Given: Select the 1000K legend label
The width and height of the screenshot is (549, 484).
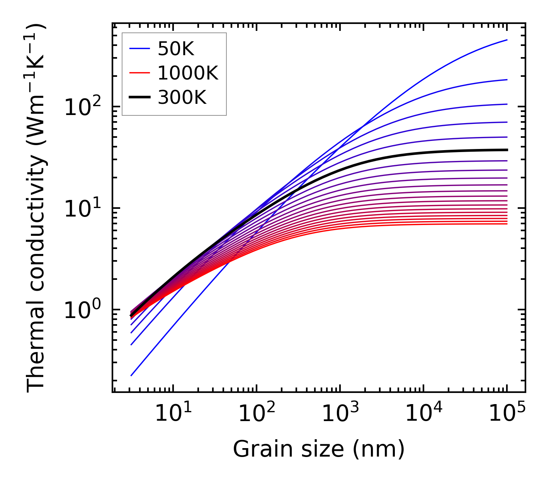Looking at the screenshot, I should pyautogui.click(x=188, y=73).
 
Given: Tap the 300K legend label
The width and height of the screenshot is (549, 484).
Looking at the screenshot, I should pyautogui.click(x=182, y=98).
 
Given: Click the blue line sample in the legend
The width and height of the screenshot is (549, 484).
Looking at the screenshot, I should pyautogui.click(x=139, y=49).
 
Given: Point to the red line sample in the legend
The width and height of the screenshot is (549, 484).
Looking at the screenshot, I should pyautogui.click(x=139, y=73).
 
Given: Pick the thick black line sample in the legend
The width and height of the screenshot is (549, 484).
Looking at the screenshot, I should pyautogui.click(x=139, y=98).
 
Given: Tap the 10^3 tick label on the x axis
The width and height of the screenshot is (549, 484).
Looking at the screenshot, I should pyautogui.click(x=340, y=414).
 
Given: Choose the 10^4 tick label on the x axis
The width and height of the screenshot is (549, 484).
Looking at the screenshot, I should pyautogui.click(x=423, y=414).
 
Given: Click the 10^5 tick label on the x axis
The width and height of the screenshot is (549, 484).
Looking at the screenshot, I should pyautogui.click(x=507, y=414).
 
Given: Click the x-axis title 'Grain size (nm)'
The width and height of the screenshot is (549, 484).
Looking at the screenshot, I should pyautogui.click(x=319, y=449).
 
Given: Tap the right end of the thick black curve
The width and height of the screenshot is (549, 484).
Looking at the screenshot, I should pyautogui.click(x=507, y=150).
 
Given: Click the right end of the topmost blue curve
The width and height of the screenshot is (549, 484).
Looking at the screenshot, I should pyautogui.click(x=507, y=40).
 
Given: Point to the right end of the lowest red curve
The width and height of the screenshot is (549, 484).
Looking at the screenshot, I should pyautogui.click(x=507, y=224).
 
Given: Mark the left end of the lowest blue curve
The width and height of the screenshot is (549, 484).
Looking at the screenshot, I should pyautogui.click(x=131, y=375).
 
